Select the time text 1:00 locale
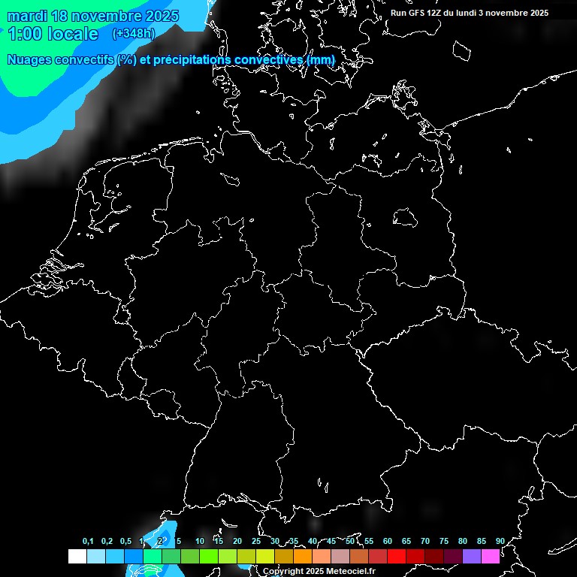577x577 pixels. (53, 34)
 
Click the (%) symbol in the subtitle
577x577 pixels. (126, 59)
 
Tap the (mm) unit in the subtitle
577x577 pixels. (319, 59)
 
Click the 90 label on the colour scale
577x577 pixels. (500, 542)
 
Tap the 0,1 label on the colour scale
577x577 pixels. (88, 542)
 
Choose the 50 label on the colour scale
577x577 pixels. (350, 542)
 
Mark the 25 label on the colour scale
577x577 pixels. (256, 542)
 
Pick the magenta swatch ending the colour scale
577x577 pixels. (491, 556)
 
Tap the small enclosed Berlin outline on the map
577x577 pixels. (405, 218)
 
